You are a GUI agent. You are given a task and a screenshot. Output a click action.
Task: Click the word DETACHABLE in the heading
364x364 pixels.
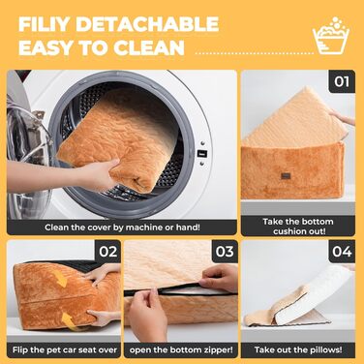click(x=147, y=24)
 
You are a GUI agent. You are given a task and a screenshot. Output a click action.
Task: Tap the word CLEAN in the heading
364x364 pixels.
click(x=149, y=47)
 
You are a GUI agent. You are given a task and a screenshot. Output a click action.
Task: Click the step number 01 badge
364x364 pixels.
click(x=342, y=81)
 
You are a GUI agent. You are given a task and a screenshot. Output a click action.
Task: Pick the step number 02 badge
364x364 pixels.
click(x=108, y=252)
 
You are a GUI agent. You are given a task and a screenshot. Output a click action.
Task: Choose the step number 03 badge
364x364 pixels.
click(x=225, y=252)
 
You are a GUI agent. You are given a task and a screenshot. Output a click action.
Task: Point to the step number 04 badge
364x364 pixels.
click(x=342, y=252)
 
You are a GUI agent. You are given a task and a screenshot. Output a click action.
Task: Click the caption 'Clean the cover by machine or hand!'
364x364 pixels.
click(x=122, y=227)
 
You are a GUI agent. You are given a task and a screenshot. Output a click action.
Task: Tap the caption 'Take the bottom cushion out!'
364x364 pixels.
click(x=298, y=227)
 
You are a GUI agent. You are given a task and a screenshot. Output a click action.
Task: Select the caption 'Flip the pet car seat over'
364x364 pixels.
click(x=65, y=350)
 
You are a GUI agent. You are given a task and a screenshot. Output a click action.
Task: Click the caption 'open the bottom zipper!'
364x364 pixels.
click(x=181, y=350)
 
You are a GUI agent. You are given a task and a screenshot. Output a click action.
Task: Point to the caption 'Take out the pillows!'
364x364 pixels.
click(x=298, y=350)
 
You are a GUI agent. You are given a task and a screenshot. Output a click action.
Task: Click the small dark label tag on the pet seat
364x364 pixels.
click(x=286, y=176)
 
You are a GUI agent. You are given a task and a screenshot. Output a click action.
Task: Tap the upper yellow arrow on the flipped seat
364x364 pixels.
click(x=62, y=279)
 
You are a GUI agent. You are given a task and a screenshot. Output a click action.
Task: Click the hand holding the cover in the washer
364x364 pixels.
click(x=96, y=174)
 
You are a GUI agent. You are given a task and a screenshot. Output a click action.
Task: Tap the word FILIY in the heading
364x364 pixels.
click(x=45, y=24)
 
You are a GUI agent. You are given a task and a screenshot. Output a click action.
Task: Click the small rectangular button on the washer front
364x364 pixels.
click(x=202, y=154)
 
